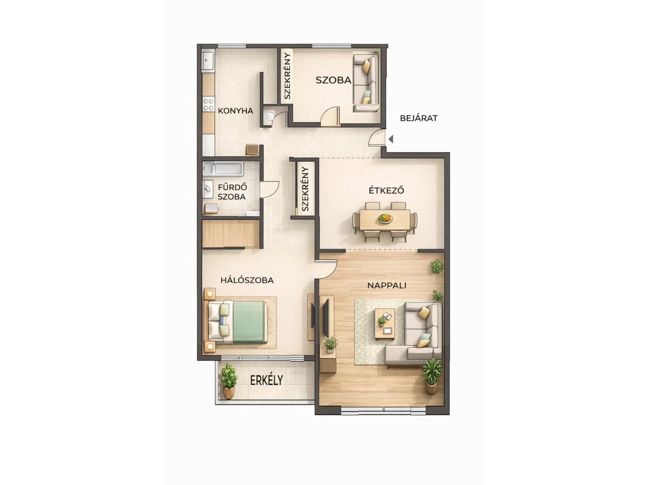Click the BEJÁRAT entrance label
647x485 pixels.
[x=419, y=118]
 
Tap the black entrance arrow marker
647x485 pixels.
[x=391, y=139]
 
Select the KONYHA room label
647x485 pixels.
[x=235, y=111]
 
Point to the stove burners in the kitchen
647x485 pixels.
[x=208, y=105]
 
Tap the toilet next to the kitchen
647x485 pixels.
[x=269, y=116]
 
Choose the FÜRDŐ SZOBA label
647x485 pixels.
[x=232, y=192]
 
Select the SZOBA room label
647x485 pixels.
[x=333, y=80]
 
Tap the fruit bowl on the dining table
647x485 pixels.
[x=385, y=218]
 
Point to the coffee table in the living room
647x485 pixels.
[x=385, y=324]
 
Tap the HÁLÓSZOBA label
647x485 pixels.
[x=247, y=280]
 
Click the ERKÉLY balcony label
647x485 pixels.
[x=266, y=380]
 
